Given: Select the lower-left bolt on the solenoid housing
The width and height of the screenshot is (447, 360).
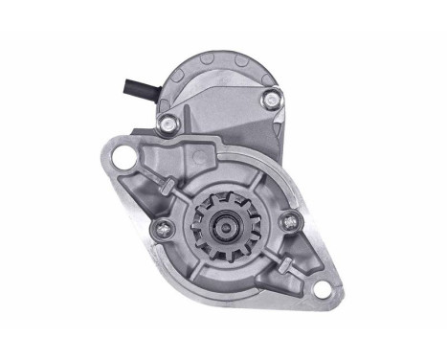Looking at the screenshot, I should [168, 123].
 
